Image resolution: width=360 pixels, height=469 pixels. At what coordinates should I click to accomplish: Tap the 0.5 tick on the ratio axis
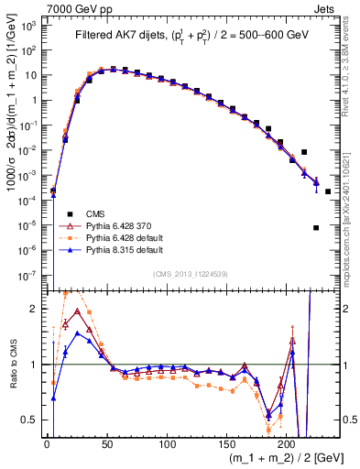[x=36, y=420]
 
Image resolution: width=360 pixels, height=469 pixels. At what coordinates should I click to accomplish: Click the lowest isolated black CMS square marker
[x=316, y=228]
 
